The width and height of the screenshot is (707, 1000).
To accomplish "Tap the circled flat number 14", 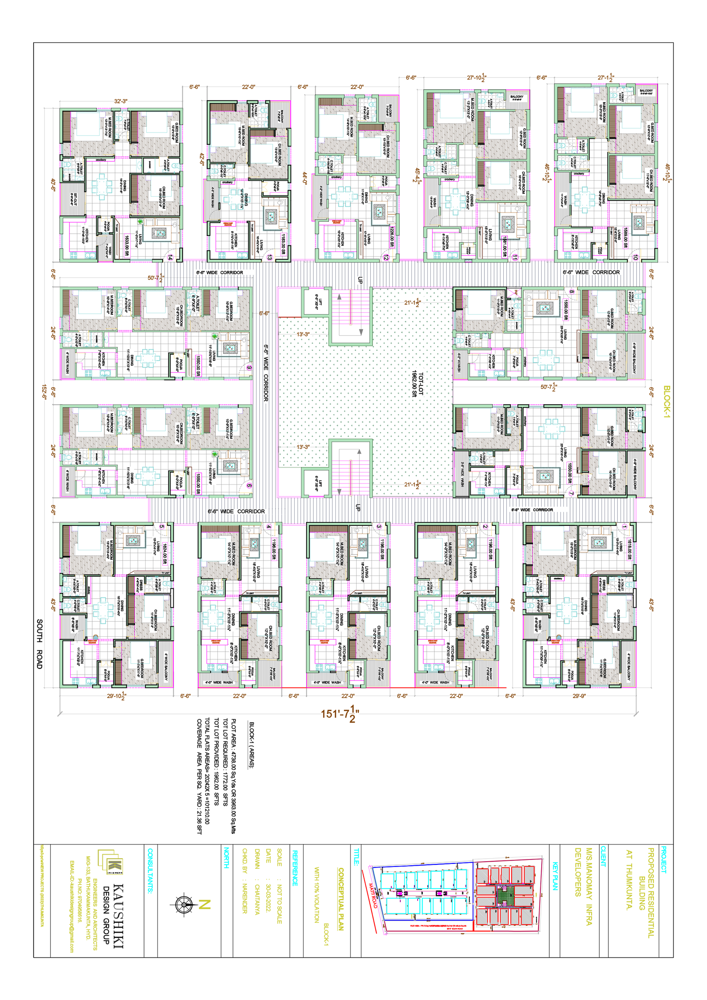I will click(x=170, y=257).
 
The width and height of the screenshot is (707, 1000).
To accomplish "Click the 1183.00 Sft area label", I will click(x=283, y=244).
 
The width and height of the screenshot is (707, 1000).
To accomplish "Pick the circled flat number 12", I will click(x=386, y=257).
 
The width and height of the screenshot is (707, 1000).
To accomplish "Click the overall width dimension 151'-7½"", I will click(x=339, y=713).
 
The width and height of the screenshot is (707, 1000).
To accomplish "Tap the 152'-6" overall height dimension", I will click(x=44, y=392).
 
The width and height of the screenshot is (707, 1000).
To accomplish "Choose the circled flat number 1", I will click(x=624, y=527).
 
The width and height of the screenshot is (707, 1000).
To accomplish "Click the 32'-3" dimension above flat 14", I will click(x=121, y=101).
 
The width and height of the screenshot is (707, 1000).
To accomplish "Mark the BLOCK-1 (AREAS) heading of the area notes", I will click(x=251, y=745).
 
